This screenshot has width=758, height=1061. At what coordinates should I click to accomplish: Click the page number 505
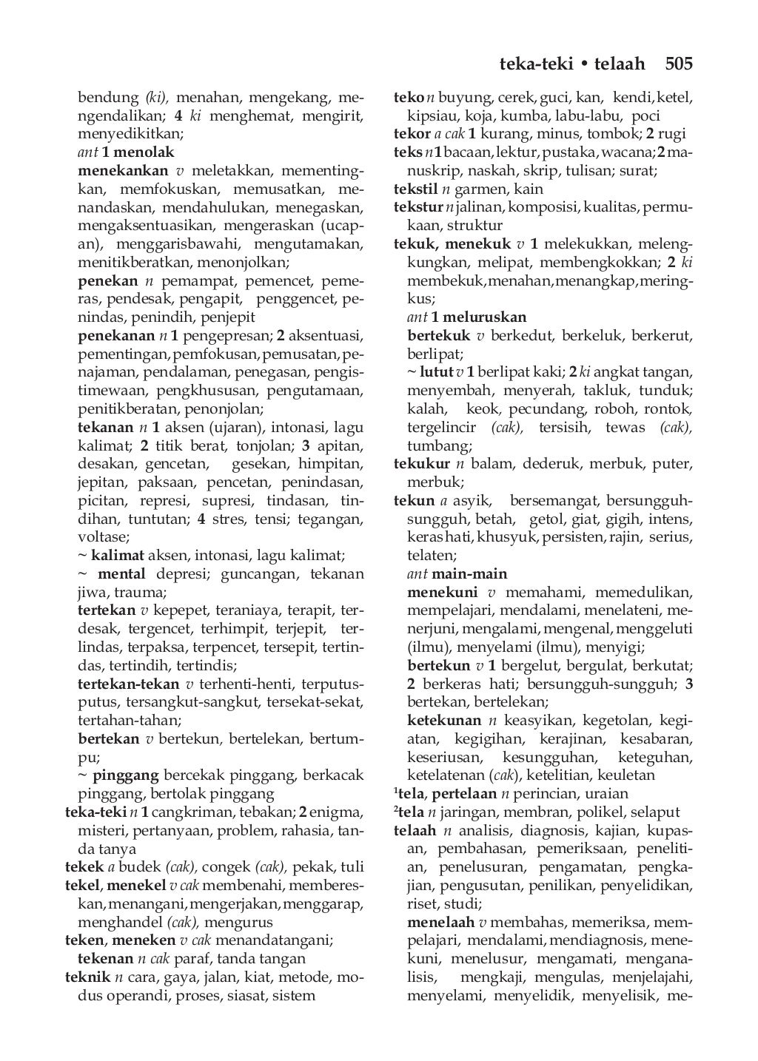678,64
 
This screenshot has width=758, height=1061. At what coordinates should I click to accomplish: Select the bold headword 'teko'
409,97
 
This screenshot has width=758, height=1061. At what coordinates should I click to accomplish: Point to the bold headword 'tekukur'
422,464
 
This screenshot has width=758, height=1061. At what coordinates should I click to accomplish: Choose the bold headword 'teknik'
87,977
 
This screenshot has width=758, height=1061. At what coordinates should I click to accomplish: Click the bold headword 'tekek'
84,866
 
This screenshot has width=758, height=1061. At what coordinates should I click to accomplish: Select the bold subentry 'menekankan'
123,170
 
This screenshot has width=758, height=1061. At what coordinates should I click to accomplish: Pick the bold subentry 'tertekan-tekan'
129,684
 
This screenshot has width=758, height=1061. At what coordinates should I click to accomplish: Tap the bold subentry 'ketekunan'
445,720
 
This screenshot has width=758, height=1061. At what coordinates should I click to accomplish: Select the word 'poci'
645,115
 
